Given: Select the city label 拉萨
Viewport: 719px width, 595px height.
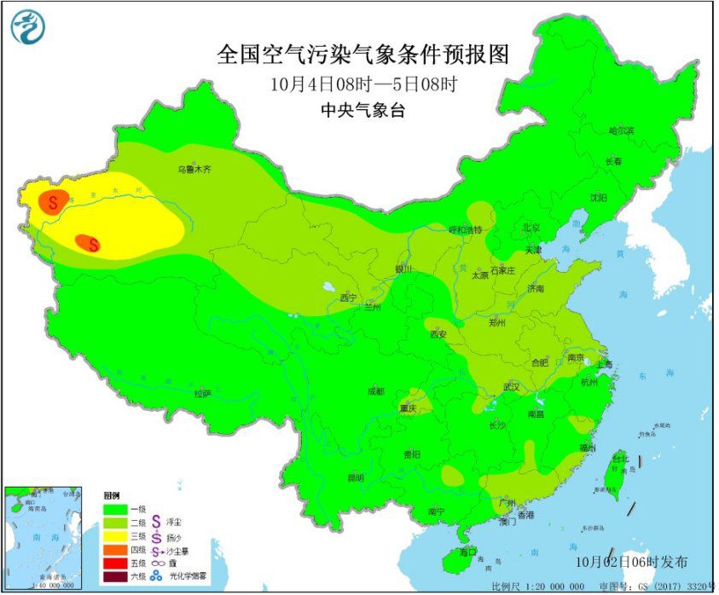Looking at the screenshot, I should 201,393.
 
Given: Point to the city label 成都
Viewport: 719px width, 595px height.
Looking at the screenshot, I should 375,390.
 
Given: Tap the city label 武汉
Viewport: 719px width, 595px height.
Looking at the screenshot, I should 512,387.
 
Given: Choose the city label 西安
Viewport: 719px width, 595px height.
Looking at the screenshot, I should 438,334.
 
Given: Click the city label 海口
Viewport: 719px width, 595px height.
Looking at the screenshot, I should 467,552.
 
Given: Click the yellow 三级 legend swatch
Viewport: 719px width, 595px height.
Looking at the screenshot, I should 115,537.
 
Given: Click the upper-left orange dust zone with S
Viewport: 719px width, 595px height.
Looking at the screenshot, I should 53,202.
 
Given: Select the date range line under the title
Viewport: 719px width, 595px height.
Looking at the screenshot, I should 362,85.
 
